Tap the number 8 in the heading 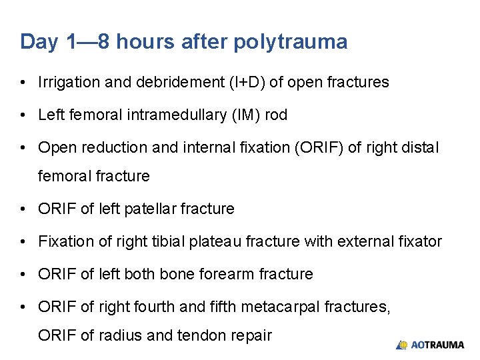tap(105, 42)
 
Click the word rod tap(276, 115)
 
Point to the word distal tap(421, 147)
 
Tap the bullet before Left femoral tap(23, 115)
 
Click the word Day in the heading tap(39, 42)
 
